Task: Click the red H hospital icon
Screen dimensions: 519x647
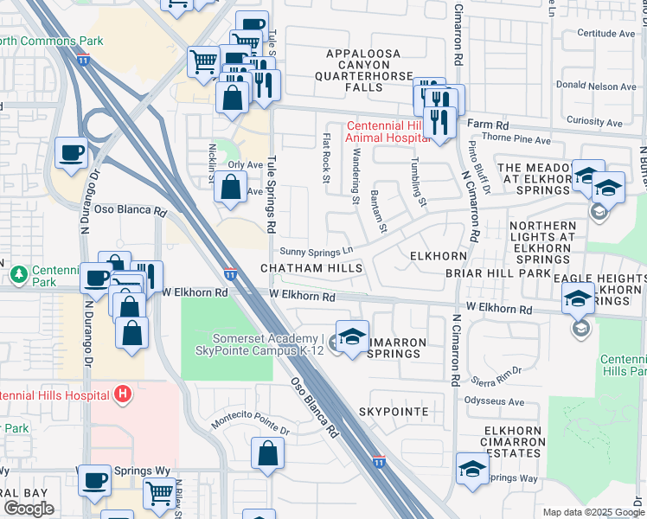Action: click(124, 394)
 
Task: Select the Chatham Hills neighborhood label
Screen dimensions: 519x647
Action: click(312, 269)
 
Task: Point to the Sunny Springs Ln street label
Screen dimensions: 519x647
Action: click(317, 250)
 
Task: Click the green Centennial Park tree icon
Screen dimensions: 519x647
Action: click(17, 273)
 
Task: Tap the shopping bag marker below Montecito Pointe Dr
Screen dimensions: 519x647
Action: click(268, 452)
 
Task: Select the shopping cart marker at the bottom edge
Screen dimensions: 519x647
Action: click(159, 493)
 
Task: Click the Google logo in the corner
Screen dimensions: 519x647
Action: click(29, 509)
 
